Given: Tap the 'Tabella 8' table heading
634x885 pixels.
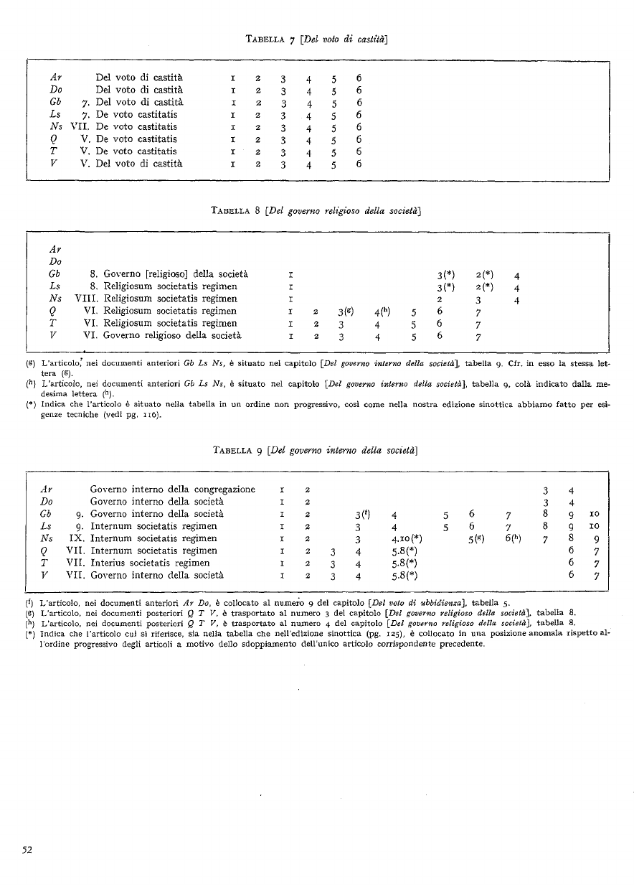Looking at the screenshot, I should tap(239, 210).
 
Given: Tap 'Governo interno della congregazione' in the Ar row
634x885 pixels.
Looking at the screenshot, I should tap(172, 490).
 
